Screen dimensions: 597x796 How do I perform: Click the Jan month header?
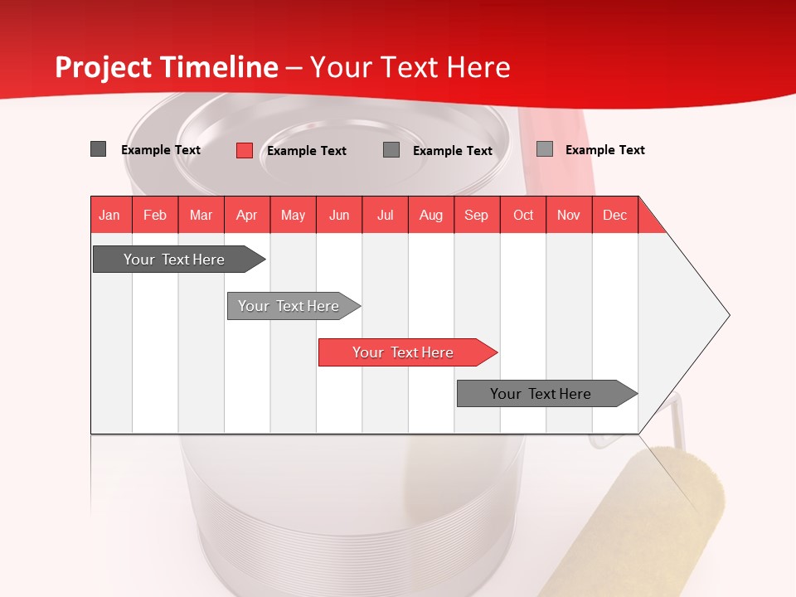109,215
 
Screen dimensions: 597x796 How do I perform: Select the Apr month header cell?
247,215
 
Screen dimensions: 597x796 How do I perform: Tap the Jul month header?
385,215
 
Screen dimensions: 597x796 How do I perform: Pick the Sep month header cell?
476,215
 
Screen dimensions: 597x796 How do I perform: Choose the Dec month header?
614,215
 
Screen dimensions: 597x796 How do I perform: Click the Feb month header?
155,215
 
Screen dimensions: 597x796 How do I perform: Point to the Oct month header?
523,215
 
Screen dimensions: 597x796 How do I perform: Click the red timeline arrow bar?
406,352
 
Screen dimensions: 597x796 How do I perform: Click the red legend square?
245,150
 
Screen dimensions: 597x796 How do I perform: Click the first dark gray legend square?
99,149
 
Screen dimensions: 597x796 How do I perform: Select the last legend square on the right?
545,149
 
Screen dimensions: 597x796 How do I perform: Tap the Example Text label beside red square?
307,151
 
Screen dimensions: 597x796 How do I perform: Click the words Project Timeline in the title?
167,67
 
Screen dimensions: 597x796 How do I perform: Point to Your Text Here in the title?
410,67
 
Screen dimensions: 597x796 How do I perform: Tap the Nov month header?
569,215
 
